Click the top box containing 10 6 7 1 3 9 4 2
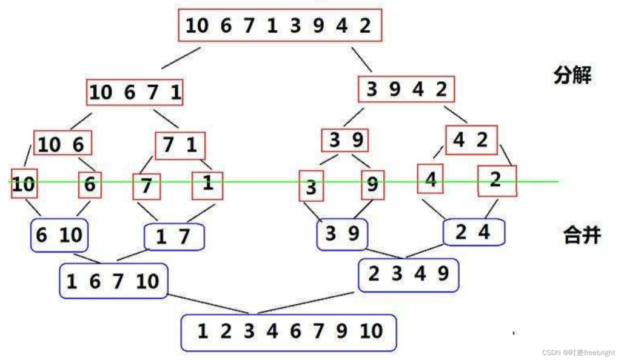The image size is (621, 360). (280, 26)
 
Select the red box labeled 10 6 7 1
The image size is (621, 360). (135, 93)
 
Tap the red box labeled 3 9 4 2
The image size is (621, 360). (406, 90)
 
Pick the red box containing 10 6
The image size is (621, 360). (62, 144)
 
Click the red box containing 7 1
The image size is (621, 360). (180, 145)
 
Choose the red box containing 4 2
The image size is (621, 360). (471, 140)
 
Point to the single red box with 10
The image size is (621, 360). (24, 184)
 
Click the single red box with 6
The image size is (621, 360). (90, 184)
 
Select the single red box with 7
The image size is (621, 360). (147, 186)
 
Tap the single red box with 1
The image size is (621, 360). (207, 185)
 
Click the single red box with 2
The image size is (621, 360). (497, 180)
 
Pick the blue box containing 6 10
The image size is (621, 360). (59, 235)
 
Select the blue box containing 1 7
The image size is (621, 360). (174, 237)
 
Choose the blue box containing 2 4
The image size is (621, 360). (474, 232)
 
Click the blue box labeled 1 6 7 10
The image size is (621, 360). (113, 281)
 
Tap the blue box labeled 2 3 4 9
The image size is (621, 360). (408, 275)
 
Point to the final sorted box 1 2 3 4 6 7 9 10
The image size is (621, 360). (289, 332)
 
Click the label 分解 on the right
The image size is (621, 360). (572, 76)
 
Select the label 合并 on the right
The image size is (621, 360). (581, 235)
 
